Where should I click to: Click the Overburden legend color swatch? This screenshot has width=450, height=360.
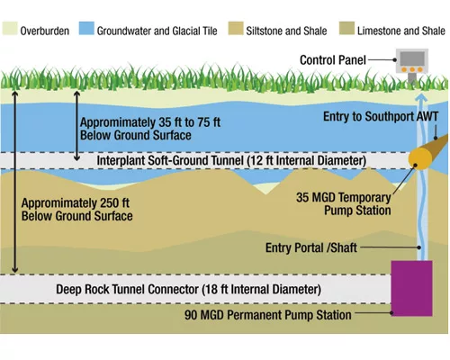coord(10,29)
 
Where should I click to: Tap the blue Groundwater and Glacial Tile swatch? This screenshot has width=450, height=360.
coord(86,29)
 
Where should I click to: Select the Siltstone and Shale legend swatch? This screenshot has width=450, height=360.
coord(236,29)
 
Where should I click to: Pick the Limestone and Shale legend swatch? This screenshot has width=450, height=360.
coord(346,29)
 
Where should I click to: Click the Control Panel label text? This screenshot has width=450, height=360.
coord(333,60)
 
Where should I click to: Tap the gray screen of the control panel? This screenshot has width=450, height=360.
coord(412,58)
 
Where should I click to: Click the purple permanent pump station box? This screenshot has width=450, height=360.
coord(411,288)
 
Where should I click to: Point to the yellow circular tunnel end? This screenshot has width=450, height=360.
coord(420,158)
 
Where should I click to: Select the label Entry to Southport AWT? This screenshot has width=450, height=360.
coord(381,116)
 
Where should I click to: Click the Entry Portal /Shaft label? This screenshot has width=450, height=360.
coord(311,247)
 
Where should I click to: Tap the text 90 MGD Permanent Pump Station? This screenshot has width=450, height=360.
coord(268,315)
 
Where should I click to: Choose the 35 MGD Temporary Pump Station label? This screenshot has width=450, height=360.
coord(344,204)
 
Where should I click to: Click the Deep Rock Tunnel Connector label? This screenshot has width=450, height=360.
coord(188,290)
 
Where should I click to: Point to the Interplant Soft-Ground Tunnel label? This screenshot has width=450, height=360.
coord(231,160)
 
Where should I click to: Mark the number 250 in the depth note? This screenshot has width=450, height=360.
coord(110,203)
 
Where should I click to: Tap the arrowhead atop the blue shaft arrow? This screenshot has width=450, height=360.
coord(421,97)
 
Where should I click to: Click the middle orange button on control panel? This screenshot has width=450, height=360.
coord(412,69)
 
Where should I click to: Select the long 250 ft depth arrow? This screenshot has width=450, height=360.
coord(15,182)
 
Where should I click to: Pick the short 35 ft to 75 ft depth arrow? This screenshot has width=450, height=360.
coord(76,126)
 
